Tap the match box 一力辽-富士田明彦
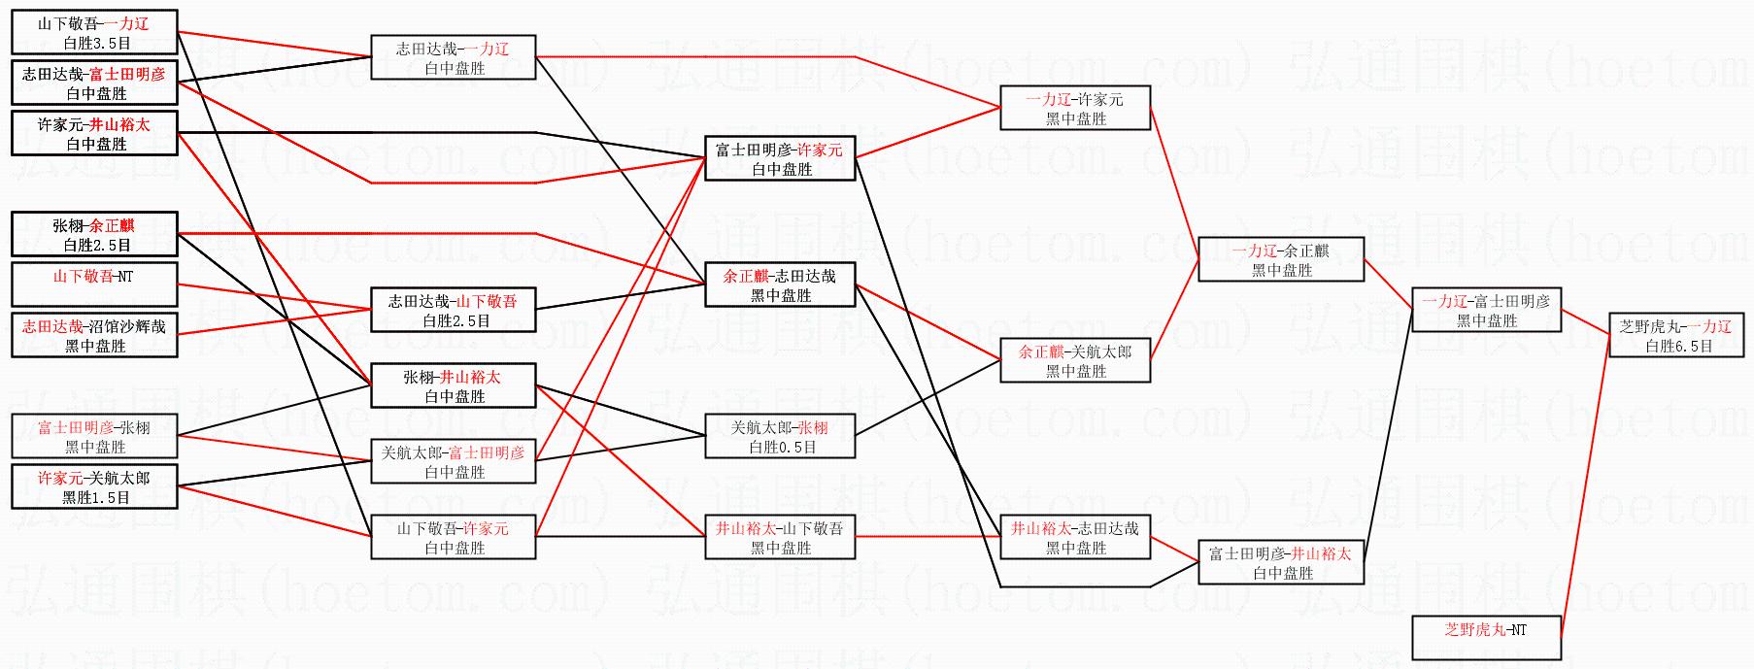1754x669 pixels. [1486, 311]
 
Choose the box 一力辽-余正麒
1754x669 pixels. [1281, 260]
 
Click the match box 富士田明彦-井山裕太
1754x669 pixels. [1281, 562]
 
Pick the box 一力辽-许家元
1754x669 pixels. [1075, 109]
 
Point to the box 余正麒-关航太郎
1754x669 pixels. [1075, 360]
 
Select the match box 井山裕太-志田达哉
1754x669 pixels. [1075, 537]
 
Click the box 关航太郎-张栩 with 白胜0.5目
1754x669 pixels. [781, 437]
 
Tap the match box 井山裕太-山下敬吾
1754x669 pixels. [781, 537]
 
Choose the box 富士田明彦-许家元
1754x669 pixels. [780, 159]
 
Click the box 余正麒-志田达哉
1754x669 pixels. [780, 285]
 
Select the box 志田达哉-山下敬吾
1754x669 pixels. [454, 311]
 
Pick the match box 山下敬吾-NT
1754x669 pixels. [94, 284]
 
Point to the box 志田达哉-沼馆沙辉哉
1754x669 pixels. [94, 336]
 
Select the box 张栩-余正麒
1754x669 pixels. [94, 235]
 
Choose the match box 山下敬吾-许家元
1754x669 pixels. [454, 537]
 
